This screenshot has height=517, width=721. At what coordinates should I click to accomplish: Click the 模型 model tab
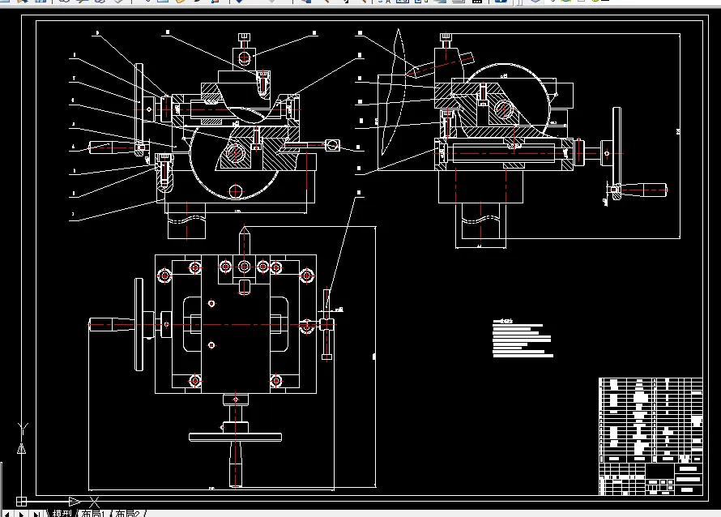click(x=62, y=513)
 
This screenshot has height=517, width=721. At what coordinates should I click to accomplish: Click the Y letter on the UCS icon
click(x=22, y=427)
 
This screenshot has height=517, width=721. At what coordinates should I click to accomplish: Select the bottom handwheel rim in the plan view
click(x=235, y=437)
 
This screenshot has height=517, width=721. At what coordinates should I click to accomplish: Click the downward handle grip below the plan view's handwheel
click(x=236, y=466)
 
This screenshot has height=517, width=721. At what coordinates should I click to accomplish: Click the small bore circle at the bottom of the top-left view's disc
click(x=235, y=191)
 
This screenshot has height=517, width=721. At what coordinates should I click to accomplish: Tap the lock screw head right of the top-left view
click(x=331, y=146)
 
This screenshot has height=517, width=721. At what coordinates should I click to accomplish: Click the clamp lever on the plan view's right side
click(x=327, y=325)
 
